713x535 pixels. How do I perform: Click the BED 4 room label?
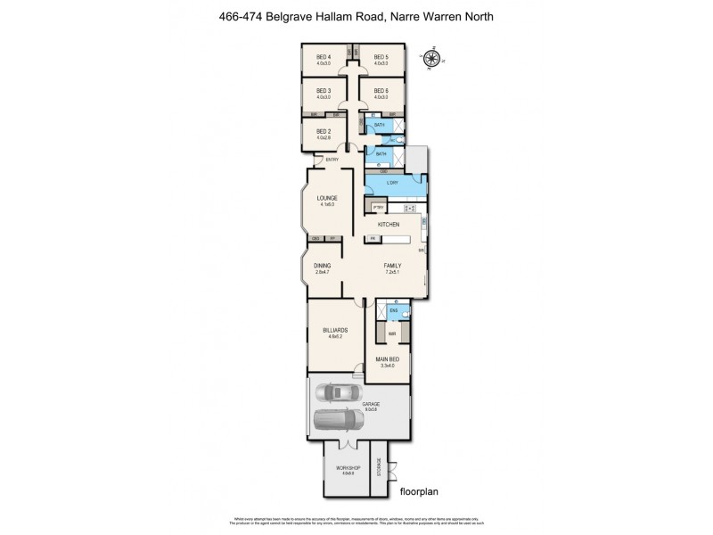point(324,57)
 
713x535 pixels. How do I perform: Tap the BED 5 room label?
point(381,57)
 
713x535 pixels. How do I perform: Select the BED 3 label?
point(324,92)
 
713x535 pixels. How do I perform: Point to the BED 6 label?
point(381,92)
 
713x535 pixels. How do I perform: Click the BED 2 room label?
point(324,131)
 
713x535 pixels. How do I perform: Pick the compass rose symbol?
point(434,60)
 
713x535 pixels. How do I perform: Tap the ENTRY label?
point(332,160)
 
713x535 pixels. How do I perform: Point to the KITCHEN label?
point(388,224)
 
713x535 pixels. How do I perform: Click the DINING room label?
point(322,265)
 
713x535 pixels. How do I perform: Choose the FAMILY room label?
point(392,265)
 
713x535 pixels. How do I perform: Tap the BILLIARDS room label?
point(335,331)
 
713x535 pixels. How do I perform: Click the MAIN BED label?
point(387,360)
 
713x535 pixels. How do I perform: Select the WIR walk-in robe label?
point(390,333)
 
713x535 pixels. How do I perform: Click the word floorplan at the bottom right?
point(422,490)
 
